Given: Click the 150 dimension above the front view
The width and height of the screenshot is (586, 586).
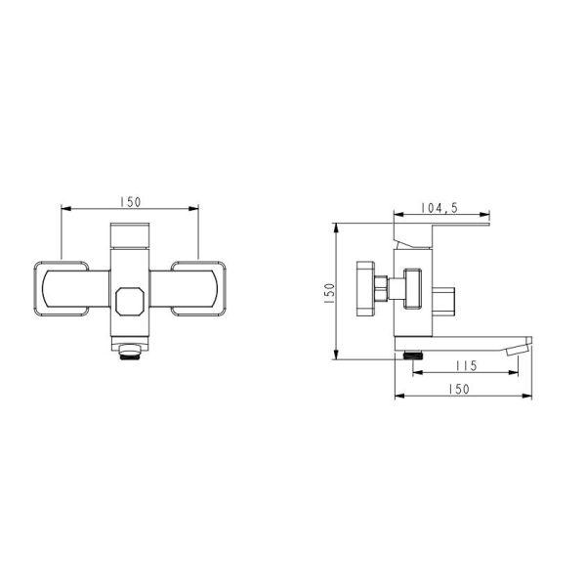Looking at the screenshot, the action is pos(131,202).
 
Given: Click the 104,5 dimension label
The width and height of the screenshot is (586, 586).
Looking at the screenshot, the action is pos(439,208).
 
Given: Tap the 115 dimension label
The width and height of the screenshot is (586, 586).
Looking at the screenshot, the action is pos(467,365).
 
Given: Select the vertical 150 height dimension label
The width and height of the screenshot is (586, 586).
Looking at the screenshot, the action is pos(329,293).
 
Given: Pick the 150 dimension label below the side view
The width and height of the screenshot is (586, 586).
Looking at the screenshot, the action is pos(459,389).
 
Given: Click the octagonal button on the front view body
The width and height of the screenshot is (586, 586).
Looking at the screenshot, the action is pos(130,302).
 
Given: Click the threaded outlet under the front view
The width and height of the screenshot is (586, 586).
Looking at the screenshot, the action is pos(130,353).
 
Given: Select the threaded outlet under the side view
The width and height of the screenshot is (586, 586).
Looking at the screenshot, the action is pos(413,356).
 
